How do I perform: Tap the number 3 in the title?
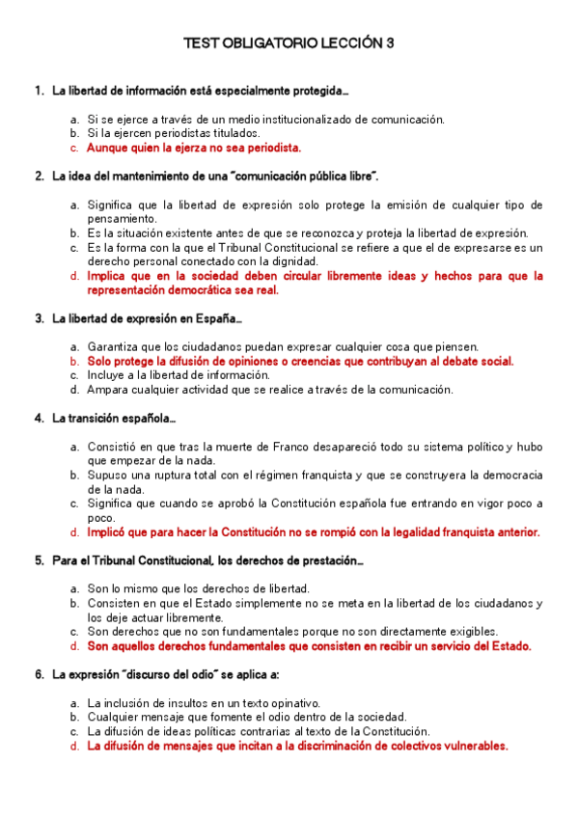click(x=390, y=43)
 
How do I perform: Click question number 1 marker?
click(x=38, y=91)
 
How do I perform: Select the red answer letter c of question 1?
click(x=73, y=148)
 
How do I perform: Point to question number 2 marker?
click(x=38, y=177)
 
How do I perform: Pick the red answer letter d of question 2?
click(x=73, y=276)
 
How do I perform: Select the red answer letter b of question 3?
click(x=73, y=361)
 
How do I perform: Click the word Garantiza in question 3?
click(x=114, y=346)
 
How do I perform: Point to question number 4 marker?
click(x=38, y=418)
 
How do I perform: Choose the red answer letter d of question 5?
click(x=73, y=646)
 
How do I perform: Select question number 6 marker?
click(x=38, y=674)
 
